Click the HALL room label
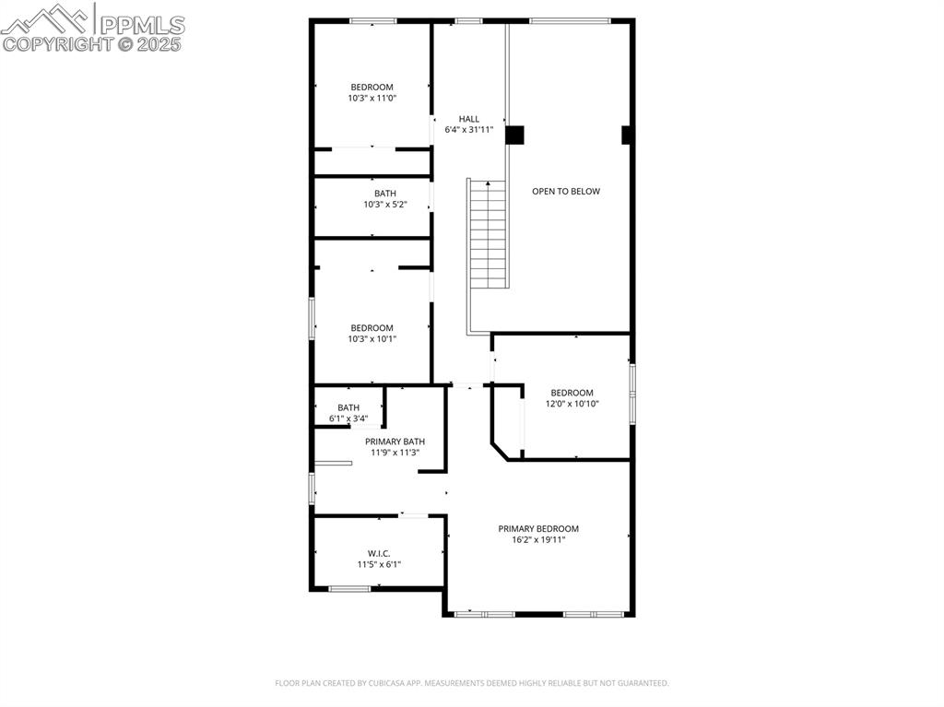click(x=469, y=119)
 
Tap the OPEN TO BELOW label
click(x=566, y=192)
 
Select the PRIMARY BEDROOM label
click(x=538, y=529)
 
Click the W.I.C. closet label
click(x=379, y=553)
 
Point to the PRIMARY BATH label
click(x=395, y=442)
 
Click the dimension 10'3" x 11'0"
click(x=372, y=99)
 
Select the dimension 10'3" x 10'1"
click(x=372, y=339)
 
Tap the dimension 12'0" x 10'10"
click(x=572, y=404)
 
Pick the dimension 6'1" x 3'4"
click(x=348, y=418)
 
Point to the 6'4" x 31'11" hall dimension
click(x=469, y=130)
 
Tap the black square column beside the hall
click(x=514, y=135)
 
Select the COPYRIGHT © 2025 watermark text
click(x=92, y=43)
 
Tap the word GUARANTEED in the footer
click(x=642, y=683)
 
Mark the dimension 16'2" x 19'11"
click(x=538, y=540)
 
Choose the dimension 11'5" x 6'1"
click(x=379, y=564)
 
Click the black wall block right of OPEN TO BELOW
click(x=628, y=135)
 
